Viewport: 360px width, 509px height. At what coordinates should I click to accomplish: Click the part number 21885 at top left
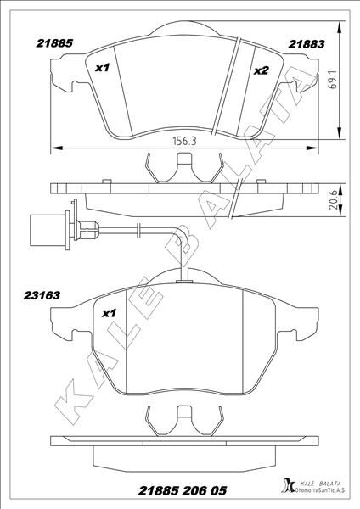54,43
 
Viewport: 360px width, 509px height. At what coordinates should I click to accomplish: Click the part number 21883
306,44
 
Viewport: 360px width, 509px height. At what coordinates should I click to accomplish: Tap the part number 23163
42,295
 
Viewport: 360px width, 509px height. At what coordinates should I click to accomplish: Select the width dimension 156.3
184,141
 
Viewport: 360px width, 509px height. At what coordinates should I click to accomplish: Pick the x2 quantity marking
262,70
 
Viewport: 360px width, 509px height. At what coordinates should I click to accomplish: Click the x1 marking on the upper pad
103,68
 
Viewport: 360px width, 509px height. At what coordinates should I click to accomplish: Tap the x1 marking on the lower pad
110,314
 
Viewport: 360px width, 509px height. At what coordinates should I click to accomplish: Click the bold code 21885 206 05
183,491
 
